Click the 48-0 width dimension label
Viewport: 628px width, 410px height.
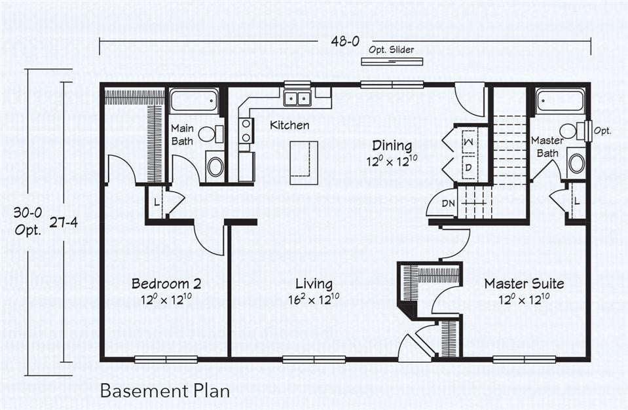(345, 41)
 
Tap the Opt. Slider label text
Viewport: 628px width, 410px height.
(391, 50)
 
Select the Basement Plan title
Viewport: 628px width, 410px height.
(165, 391)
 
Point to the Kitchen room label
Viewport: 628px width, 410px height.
(289, 125)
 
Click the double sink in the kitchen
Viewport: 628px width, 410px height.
(297, 98)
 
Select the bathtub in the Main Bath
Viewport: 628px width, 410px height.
(194, 101)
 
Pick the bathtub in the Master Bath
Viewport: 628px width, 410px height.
(560, 101)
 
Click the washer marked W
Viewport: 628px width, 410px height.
(470, 141)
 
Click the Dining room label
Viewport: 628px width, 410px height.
(392, 145)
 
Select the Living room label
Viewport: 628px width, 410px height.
(313, 284)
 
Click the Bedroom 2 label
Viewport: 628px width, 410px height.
(166, 284)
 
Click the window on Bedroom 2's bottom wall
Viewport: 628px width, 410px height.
(166, 359)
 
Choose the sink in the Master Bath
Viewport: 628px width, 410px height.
(576, 163)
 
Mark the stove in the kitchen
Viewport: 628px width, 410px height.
(246, 131)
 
